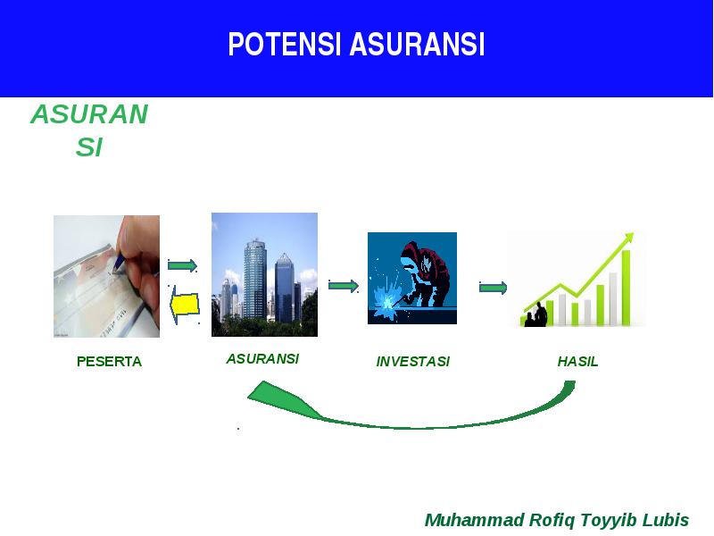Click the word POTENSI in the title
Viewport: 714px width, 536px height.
(x=285, y=44)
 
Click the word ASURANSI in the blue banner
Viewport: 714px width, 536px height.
(x=417, y=44)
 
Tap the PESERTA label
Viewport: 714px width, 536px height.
(x=109, y=362)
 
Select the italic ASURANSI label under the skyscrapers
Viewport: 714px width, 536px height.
(x=262, y=359)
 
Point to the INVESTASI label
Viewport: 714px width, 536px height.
(x=413, y=362)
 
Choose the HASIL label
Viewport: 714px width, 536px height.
(x=577, y=362)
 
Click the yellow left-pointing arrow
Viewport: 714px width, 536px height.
(x=185, y=305)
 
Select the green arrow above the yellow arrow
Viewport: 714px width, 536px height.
(x=182, y=265)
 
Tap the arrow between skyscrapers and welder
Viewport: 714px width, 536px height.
(x=344, y=286)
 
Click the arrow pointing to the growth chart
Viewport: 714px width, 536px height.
(x=494, y=288)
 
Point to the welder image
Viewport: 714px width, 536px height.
(x=412, y=278)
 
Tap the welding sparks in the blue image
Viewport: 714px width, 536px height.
(x=387, y=298)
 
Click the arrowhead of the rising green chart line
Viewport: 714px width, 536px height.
(x=629, y=237)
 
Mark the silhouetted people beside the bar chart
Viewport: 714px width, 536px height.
(x=535, y=314)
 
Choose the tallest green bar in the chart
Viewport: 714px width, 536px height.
(x=627, y=288)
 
